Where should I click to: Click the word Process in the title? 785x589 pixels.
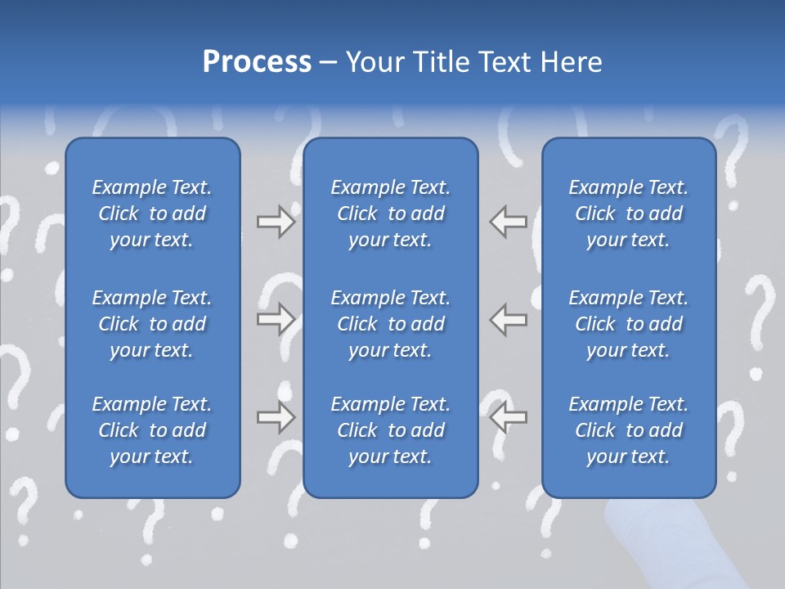coord(257,62)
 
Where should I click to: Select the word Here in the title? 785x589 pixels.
coord(569,62)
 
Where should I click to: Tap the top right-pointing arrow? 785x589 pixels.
coord(276,222)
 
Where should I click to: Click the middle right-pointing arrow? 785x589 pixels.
coord(276,319)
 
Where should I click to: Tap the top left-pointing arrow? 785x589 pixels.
coord(508,222)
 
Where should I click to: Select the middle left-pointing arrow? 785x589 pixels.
coord(508,319)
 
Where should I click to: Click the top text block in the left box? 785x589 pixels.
coord(152,214)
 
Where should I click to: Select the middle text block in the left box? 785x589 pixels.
coord(152,324)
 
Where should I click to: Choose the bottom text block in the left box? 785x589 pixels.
coord(152,430)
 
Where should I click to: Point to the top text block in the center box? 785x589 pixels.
coord(390,214)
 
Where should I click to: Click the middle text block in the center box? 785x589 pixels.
coord(390,324)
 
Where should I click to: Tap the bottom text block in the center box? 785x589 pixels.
coord(390,430)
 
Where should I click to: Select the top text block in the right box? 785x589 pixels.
coord(628,214)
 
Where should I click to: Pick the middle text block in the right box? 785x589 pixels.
coord(628,324)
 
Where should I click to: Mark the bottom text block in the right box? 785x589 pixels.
coord(628,430)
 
